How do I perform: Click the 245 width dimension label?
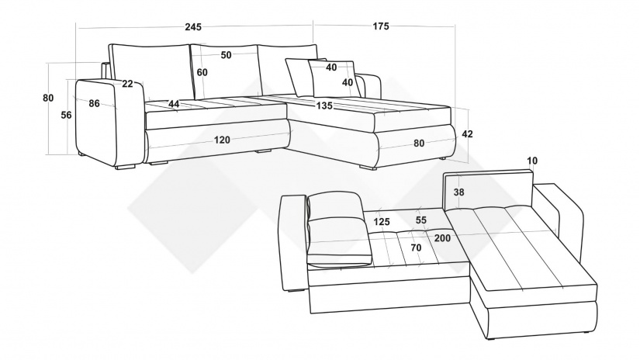pyautogui.click(x=193, y=27)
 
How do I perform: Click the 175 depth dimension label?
pyautogui.click(x=381, y=26)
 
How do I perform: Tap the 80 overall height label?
pyautogui.click(x=48, y=98)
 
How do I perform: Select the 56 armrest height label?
pyautogui.click(x=66, y=115)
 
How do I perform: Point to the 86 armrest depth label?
pyautogui.click(x=95, y=103)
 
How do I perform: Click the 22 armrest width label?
pyautogui.click(x=127, y=84)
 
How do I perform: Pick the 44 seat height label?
pyautogui.click(x=174, y=104)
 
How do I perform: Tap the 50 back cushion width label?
pyautogui.click(x=226, y=55)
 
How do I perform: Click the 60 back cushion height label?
pyautogui.click(x=202, y=72)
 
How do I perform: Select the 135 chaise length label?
pyautogui.click(x=324, y=106)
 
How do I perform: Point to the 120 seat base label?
pyautogui.click(x=222, y=140)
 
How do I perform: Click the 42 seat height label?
pyautogui.click(x=467, y=134)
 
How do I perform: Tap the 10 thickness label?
pyautogui.click(x=532, y=161)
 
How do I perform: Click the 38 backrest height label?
pyautogui.click(x=458, y=192)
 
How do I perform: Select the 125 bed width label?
pyautogui.click(x=382, y=222)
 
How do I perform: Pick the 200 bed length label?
pyautogui.click(x=442, y=238)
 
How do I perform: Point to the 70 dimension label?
pyautogui.click(x=416, y=247)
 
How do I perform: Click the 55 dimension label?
pyautogui.click(x=420, y=220)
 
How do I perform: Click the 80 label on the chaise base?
pyautogui.click(x=419, y=144)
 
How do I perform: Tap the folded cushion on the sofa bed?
pyautogui.click(x=338, y=230)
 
